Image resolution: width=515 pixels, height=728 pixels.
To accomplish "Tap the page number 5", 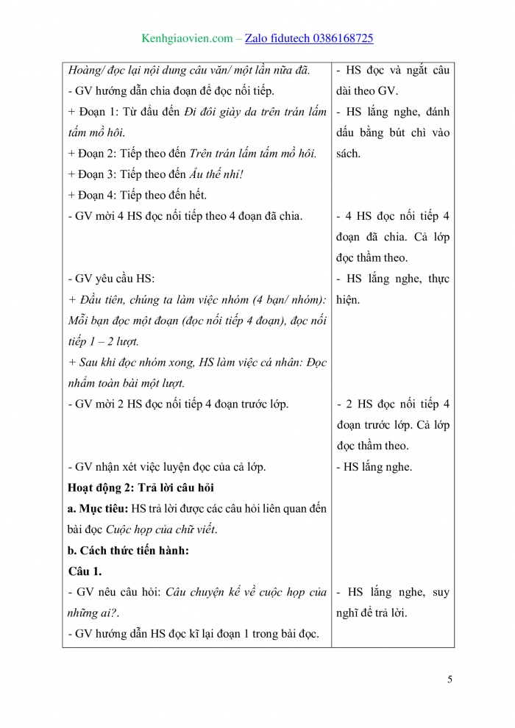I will click(450, 679).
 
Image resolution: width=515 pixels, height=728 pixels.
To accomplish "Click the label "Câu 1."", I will click(85, 571).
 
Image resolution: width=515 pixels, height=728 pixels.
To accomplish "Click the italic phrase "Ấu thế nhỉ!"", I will click(218, 175).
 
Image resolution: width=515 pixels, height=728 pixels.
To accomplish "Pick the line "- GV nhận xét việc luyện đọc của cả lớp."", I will click(166, 467).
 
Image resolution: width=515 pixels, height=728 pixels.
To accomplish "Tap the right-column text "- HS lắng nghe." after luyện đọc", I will click(374, 467).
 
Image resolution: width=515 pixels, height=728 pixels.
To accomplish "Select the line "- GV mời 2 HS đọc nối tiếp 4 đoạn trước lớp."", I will click(177, 404).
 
